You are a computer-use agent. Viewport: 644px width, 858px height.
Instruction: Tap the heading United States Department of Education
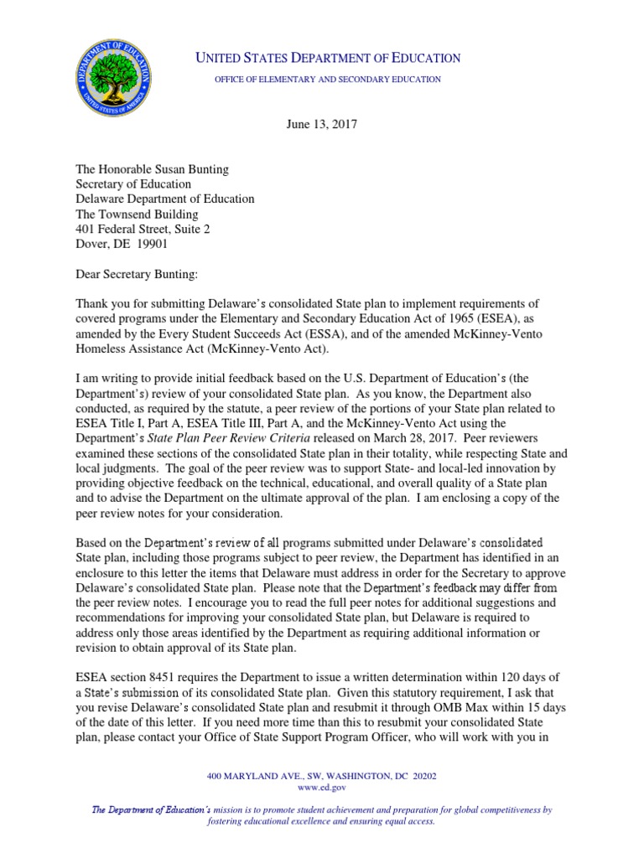click(x=328, y=58)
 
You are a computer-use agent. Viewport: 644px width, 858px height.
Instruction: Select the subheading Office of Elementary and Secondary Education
click(x=328, y=79)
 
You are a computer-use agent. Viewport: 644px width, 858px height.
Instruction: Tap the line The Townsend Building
click(x=134, y=214)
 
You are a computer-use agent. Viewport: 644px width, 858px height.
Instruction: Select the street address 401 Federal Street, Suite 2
click(x=143, y=230)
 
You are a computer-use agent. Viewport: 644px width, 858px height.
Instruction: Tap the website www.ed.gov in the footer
click(x=321, y=788)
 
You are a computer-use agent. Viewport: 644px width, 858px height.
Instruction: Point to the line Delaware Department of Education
click(x=165, y=199)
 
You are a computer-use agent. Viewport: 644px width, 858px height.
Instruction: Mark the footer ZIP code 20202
click(x=419, y=777)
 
